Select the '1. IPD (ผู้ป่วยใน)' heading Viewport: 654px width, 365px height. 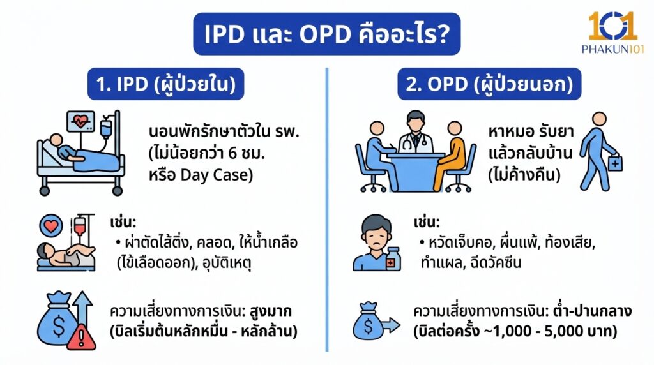click(165, 84)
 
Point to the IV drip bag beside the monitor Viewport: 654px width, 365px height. click(105, 126)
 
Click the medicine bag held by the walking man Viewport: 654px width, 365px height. click(614, 163)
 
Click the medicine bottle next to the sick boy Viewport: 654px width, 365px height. click(393, 258)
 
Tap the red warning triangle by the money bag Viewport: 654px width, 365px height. click(81, 338)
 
